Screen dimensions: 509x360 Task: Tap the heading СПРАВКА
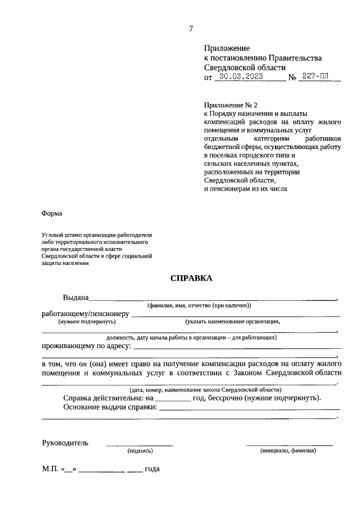190,278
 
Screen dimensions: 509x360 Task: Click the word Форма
52,214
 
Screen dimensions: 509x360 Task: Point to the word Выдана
76,297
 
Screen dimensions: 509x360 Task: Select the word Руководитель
65,443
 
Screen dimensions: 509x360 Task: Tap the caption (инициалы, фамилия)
288,451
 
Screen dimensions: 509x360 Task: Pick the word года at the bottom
152,469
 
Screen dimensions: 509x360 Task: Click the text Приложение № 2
231,105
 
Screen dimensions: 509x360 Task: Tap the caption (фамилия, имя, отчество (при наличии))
199,305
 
